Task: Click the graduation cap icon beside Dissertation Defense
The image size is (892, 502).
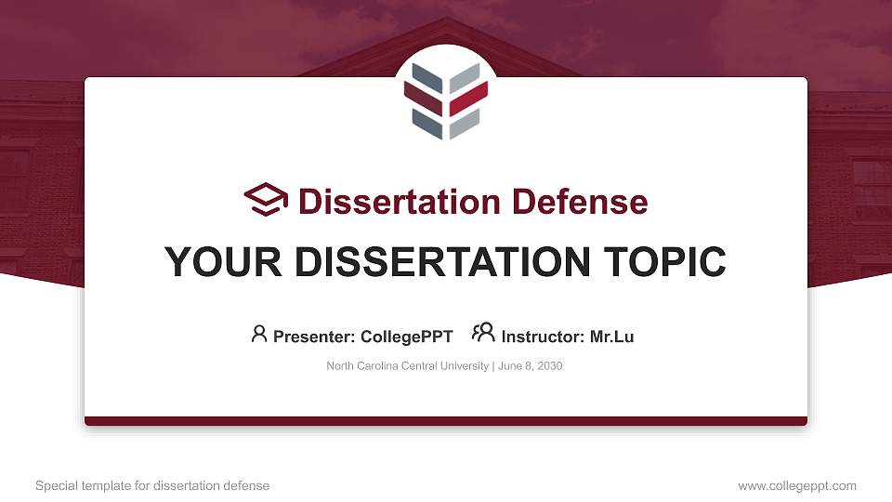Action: click(x=266, y=200)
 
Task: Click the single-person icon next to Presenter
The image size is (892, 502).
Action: click(x=259, y=334)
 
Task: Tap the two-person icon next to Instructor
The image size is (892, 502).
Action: click(x=483, y=333)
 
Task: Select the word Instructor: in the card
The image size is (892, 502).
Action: click(x=542, y=337)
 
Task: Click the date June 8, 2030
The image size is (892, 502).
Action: click(x=530, y=366)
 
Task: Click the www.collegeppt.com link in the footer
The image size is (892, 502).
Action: click(x=797, y=485)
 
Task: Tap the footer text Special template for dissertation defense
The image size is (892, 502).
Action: click(x=152, y=485)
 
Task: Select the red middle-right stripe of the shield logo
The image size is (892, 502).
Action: click(x=468, y=99)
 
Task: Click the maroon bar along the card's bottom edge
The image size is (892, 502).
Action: click(x=446, y=421)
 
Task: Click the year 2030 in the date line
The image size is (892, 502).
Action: click(x=548, y=366)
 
